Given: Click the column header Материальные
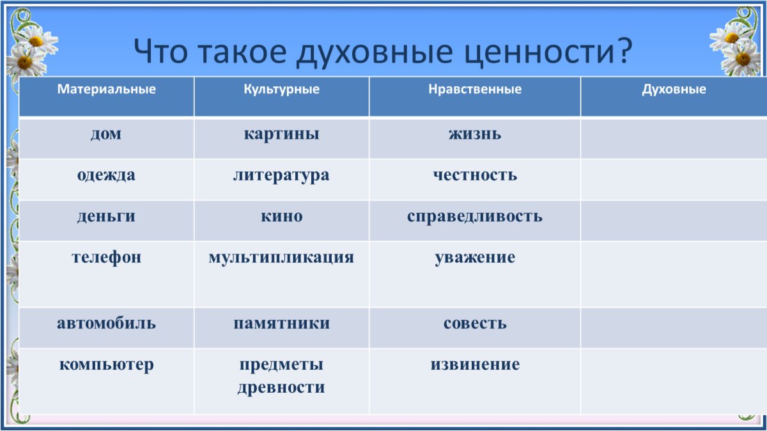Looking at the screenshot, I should (x=106, y=90).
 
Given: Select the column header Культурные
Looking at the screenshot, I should (x=281, y=90).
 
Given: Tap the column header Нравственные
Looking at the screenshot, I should (x=475, y=90).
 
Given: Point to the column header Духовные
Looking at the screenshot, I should (x=674, y=90).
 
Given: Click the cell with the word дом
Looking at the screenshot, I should (x=106, y=134).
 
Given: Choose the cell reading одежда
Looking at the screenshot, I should (x=106, y=175).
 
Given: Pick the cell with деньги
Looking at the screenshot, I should (x=106, y=216).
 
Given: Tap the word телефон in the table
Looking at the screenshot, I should (x=106, y=258).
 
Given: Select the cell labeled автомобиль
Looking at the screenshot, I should (x=106, y=324).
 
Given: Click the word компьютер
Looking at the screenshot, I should (x=106, y=365).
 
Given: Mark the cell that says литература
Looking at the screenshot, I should (x=281, y=175).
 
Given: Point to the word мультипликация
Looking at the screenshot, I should (x=281, y=258).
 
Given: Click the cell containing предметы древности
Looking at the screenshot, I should (x=281, y=376).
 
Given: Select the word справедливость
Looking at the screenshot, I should (x=475, y=216).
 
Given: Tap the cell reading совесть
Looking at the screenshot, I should (x=475, y=324).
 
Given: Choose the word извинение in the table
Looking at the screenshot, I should (x=475, y=365).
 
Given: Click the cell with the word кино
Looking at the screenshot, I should (x=281, y=216).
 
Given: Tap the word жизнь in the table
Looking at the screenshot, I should (x=475, y=134).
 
